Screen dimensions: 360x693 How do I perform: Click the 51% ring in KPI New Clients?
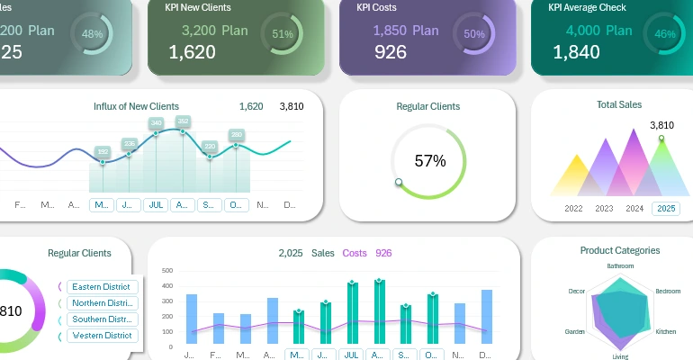click(283, 34)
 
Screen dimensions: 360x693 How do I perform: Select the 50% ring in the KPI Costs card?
click(474, 34)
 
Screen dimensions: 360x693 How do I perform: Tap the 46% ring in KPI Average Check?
click(665, 34)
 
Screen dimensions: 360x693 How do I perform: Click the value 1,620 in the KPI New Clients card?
click(192, 52)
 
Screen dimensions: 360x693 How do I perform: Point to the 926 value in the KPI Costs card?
click(391, 52)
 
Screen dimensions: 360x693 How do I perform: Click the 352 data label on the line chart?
click(183, 121)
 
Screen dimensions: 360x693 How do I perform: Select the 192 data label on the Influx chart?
click(103, 151)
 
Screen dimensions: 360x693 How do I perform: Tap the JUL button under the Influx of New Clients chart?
click(156, 205)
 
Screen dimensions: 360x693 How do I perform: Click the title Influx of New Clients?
click(136, 106)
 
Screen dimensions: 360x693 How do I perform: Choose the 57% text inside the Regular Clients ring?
click(430, 161)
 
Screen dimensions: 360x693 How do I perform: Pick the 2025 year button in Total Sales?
click(666, 209)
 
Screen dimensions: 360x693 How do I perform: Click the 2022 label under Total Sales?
click(573, 209)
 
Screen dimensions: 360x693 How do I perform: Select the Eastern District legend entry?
click(102, 287)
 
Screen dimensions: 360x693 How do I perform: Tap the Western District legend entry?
click(102, 336)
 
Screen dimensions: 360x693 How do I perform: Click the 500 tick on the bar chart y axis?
click(166, 270)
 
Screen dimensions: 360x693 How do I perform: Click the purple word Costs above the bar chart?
click(356, 253)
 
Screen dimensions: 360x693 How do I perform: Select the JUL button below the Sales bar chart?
click(352, 355)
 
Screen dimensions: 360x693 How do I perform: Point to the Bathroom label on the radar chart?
click(620, 266)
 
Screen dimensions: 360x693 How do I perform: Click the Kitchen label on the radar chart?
click(666, 331)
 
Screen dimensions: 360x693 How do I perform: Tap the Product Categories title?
click(620, 250)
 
